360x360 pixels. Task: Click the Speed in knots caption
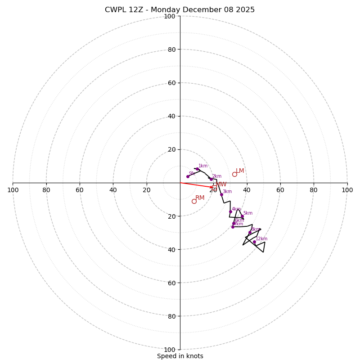[x=180, y=356]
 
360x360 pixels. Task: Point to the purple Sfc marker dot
[x=188, y=176]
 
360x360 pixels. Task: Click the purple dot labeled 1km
[x=197, y=169]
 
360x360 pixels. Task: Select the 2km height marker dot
[x=211, y=179]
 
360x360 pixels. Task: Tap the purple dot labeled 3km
[x=221, y=194]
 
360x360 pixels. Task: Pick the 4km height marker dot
[x=230, y=211]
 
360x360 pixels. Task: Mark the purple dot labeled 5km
[x=242, y=216]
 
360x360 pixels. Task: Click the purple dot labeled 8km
[x=250, y=232]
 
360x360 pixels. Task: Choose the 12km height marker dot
[x=254, y=242]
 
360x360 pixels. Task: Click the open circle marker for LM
[x=234, y=174]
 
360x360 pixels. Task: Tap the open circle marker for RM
[x=194, y=201]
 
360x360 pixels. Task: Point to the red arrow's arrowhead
[x=212, y=187]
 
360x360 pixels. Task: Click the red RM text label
[x=200, y=198]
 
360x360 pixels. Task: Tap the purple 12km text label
[x=261, y=239]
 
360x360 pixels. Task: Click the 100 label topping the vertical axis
[x=169, y=16]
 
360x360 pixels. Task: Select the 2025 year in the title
[x=245, y=10]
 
